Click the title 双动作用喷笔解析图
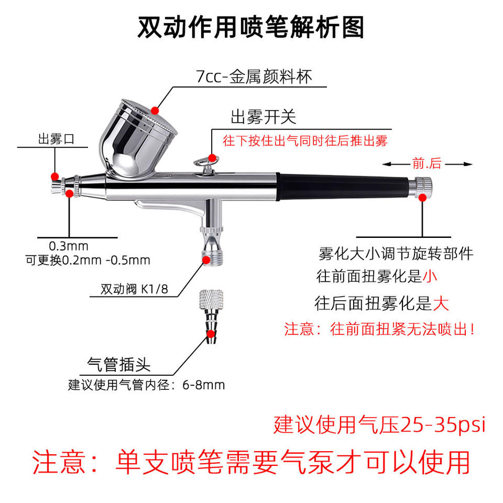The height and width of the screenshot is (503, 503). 251,28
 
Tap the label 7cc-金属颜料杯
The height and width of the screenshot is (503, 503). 254,76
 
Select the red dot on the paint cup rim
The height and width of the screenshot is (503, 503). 155,111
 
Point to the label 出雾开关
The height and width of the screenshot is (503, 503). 264,117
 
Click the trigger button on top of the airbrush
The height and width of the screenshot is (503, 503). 205,163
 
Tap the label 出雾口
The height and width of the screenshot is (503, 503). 57,139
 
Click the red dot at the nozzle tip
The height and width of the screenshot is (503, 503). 55,177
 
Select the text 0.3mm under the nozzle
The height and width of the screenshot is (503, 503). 69,246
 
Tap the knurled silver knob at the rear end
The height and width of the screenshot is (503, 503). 420,187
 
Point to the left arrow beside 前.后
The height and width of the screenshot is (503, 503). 397,164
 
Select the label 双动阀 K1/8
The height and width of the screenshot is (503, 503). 134,289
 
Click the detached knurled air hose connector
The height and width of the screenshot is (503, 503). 211,316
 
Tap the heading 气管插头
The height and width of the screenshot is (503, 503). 119,365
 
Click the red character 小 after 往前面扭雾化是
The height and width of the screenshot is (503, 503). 430,276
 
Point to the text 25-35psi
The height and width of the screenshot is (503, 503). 443,425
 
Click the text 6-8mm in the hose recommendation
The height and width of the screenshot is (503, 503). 204,385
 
